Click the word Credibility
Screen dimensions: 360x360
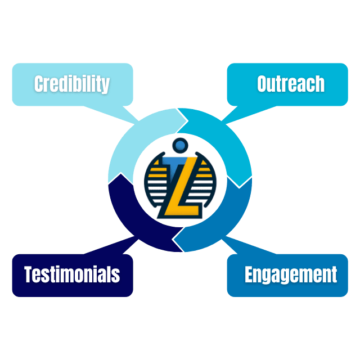coord(71,84)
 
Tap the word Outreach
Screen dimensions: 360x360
coord(291,84)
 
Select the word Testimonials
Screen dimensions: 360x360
coord(72,274)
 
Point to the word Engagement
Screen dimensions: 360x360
coord(291,274)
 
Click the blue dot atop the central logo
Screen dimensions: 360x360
coord(180,146)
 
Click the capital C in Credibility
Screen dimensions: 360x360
coord(39,84)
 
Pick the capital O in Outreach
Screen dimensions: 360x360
coord(263,84)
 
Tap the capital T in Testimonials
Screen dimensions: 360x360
coord(29,274)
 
